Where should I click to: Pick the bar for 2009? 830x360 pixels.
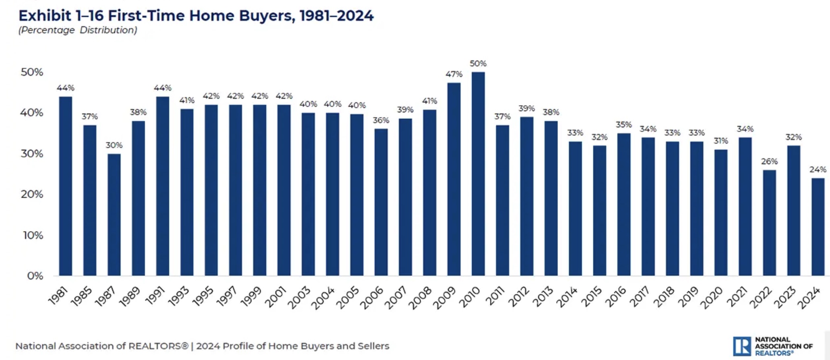(x=454, y=179)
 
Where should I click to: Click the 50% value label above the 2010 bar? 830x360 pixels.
(x=478, y=64)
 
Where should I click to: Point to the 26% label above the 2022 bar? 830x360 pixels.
(x=769, y=161)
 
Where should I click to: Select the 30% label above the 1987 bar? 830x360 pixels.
(x=114, y=145)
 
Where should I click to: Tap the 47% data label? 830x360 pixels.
(x=454, y=74)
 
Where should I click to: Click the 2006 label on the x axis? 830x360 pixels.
(x=372, y=298)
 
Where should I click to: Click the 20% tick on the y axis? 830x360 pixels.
(x=32, y=194)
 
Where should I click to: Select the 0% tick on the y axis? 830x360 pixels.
(x=35, y=276)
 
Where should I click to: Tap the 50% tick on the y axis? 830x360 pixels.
(x=32, y=72)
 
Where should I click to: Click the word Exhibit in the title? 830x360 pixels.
(x=44, y=16)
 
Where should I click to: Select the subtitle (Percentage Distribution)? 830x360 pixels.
(x=78, y=30)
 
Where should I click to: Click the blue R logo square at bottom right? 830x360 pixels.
(x=741, y=346)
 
